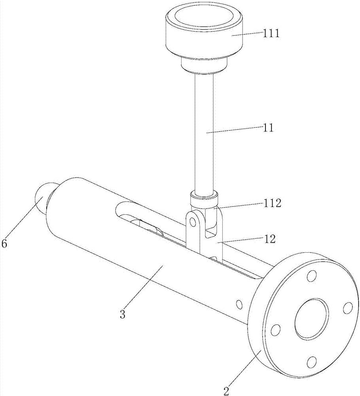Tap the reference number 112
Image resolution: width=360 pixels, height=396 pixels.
tap(271, 203)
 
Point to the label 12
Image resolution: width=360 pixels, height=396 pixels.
tap(270, 239)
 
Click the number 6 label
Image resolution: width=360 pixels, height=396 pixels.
tap(4, 244)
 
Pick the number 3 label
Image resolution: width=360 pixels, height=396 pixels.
tap(123, 314)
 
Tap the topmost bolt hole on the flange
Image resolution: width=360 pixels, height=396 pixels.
tap(312, 276)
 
